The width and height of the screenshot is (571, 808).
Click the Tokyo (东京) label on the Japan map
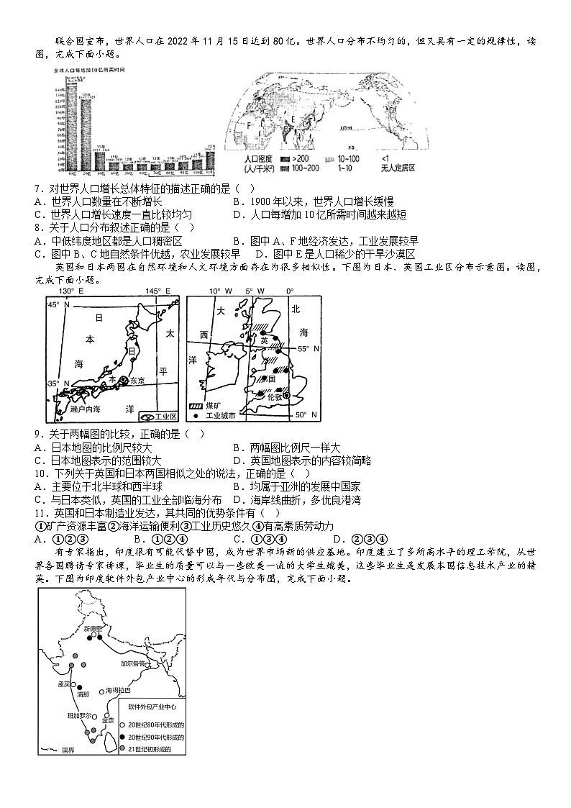pos(137,381)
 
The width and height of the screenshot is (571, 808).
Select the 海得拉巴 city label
pos(118,690)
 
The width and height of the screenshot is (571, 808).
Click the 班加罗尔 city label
pos(79,716)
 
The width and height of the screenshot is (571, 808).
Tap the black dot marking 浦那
pos(80,686)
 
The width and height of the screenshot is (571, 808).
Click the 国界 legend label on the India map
pos(68,750)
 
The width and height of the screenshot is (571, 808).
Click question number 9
pos(37,433)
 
